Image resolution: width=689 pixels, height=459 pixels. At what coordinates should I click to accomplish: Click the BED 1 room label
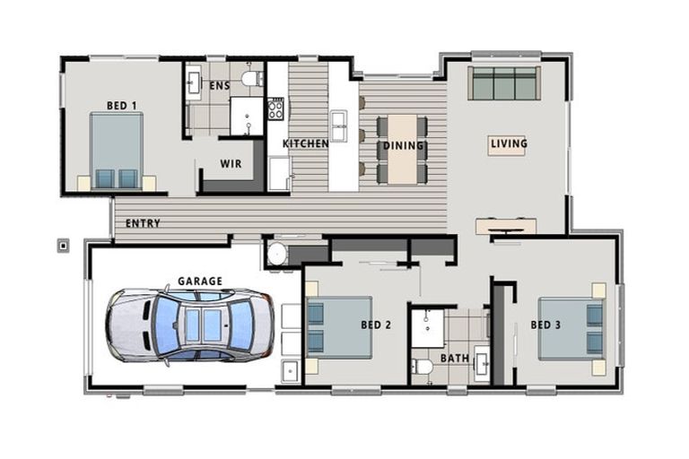[x=121, y=106]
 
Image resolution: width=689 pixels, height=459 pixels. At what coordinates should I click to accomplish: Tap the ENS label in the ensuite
[x=220, y=86]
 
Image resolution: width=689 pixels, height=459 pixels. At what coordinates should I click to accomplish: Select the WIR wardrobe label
[x=230, y=164]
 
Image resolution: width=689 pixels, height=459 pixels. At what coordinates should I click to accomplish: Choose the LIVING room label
[x=508, y=143]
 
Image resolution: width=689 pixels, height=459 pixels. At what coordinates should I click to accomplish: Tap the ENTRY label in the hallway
[x=143, y=223]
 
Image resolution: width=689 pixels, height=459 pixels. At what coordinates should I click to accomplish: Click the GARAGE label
[x=199, y=281]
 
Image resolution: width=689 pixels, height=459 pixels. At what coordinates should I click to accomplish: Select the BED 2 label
[x=376, y=325]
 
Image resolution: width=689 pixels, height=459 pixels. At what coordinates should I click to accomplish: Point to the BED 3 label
[x=545, y=325]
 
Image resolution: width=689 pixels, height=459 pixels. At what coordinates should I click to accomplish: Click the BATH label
[x=454, y=359]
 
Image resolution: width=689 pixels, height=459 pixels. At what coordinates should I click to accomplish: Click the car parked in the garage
[x=189, y=325]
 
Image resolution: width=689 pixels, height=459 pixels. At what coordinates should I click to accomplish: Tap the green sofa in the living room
[x=504, y=83]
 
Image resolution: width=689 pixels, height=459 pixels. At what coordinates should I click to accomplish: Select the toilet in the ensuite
[x=252, y=79]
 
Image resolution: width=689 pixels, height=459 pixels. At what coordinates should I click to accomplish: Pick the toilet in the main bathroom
[x=422, y=366]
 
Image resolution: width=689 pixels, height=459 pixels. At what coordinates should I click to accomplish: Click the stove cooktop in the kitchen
[x=275, y=109]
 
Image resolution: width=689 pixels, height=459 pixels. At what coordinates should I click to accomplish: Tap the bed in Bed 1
[x=117, y=150]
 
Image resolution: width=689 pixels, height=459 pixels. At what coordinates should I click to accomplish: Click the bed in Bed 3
[x=571, y=329]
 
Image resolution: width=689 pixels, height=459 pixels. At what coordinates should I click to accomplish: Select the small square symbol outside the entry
[x=63, y=245]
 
